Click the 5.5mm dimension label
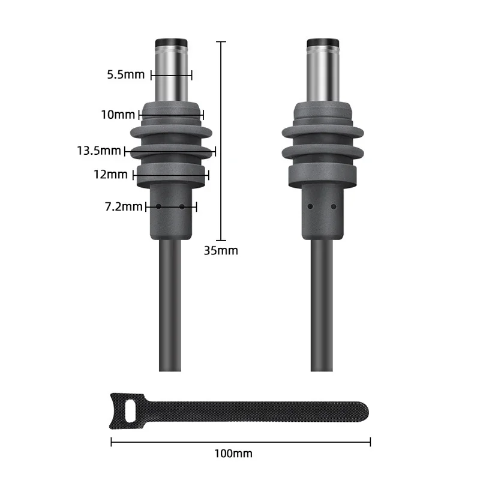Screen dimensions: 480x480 point(125,74)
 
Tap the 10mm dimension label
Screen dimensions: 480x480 point(118,115)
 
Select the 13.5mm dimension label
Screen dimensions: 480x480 point(99,151)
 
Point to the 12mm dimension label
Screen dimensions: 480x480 point(110,175)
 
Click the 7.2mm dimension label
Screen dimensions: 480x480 point(124,206)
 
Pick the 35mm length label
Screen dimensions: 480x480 point(221,250)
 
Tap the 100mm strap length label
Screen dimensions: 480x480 point(233,454)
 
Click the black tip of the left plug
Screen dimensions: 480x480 point(172,43)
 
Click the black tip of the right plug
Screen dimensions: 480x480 point(323,43)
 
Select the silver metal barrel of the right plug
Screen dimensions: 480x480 point(323,74)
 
